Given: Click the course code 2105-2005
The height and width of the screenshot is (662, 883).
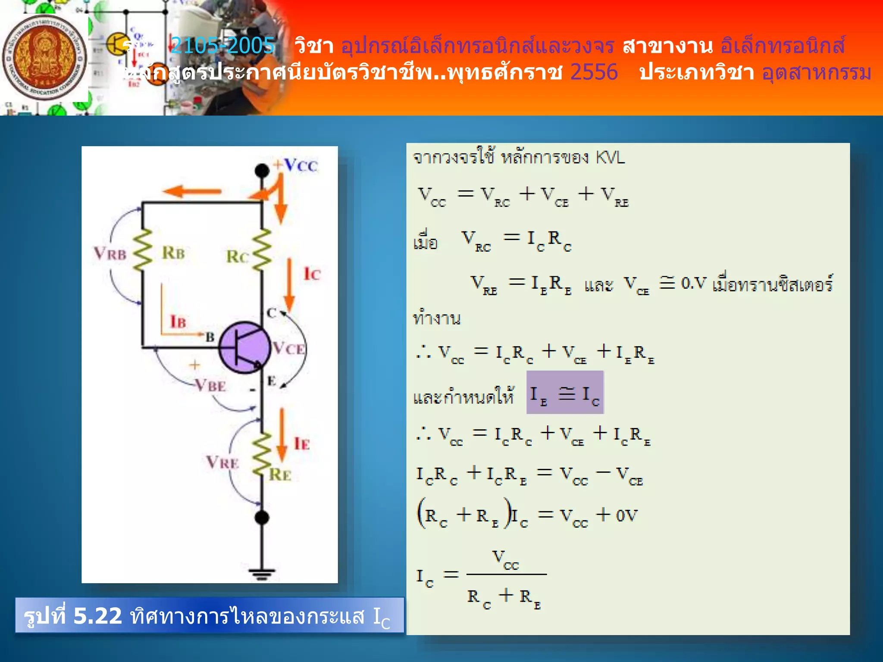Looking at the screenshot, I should (222, 45).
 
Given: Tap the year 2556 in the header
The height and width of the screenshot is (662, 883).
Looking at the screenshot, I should (594, 72).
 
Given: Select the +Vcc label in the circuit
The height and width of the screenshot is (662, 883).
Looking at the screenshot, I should (296, 165).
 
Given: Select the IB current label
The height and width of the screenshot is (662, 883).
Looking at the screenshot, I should (178, 322).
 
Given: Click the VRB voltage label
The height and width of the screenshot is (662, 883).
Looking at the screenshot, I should (110, 253).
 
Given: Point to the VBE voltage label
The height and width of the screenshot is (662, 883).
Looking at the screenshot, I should (210, 385).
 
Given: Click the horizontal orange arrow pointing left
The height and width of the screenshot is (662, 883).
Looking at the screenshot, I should (192, 191).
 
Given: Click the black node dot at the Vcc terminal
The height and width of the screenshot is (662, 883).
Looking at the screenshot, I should (262, 171).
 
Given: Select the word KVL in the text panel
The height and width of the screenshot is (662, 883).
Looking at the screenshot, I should (610, 158).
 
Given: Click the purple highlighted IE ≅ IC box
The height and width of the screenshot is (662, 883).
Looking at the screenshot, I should (565, 393).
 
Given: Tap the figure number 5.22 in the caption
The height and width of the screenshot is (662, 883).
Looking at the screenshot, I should (97, 615).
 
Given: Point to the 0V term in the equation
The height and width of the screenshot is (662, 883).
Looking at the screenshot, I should (626, 515).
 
